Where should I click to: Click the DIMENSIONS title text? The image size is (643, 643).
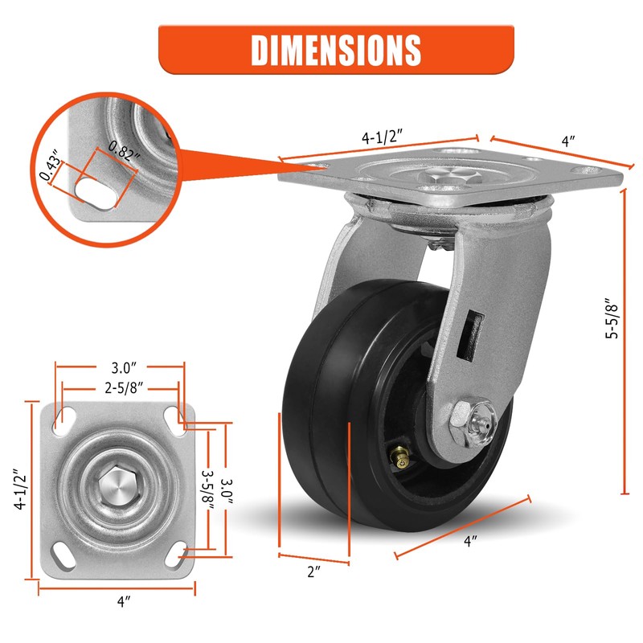click(x=336, y=50)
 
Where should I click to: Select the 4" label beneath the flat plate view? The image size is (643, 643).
click(x=122, y=600)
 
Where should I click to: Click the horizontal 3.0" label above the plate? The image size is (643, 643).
click(x=122, y=368)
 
